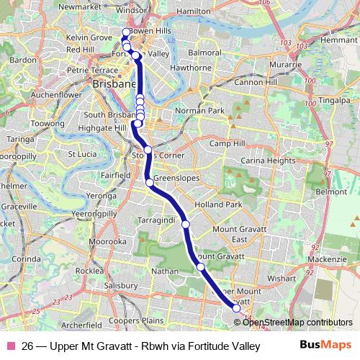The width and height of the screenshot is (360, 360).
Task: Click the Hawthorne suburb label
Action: point(190,68)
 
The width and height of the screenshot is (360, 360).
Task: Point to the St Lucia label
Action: point(81,154)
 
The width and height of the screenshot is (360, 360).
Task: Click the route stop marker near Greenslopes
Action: point(150,183)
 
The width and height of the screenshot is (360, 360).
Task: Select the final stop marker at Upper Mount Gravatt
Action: point(236,308)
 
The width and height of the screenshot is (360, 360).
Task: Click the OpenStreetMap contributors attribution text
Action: point(298,323)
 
